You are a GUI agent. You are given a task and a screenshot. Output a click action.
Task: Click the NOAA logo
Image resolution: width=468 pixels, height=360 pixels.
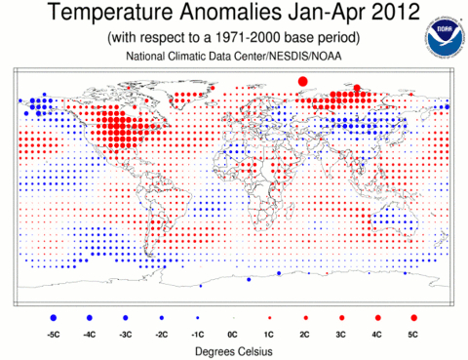pyautogui.click(x=444, y=37)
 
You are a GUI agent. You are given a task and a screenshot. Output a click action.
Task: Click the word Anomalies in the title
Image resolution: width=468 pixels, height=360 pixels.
pyautogui.click(x=230, y=12)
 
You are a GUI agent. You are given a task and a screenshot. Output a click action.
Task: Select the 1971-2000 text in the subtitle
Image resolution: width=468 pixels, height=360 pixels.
pyautogui.click(x=248, y=38)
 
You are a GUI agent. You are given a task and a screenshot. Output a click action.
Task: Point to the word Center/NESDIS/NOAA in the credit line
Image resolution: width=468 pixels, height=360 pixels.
pyautogui.click(x=283, y=56)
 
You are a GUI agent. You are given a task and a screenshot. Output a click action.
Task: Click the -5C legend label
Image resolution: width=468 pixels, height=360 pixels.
pyautogui.click(x=54, y=335)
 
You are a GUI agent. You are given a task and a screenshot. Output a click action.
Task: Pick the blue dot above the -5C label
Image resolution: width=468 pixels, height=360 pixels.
pyautogui.click(x=54, y=318)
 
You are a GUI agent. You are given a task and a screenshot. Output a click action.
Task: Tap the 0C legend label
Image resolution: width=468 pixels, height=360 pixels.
pyautogui.click(x=233, y=335)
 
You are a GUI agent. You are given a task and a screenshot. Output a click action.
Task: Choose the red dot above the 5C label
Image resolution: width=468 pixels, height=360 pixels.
pyautogui.click(x=413, y=318)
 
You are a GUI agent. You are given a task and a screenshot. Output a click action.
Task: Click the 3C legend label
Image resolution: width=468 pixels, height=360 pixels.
pyautogui.click(x=340, y=335)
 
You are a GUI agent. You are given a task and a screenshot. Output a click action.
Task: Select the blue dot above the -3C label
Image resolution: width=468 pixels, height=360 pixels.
pyautogui.click(x=126, y=318)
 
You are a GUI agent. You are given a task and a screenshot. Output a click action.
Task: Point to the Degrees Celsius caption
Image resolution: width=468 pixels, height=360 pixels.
pyautogui.click(x=234, y=351)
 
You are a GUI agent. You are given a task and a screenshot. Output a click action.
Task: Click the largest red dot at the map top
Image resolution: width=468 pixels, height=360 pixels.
pyautogui.click(x=302, y=81)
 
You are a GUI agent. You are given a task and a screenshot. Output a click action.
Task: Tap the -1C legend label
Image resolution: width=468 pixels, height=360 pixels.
pyautogui.click(x=198, y=335)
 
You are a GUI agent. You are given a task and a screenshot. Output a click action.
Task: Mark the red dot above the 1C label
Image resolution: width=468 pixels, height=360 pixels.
pyautogui.click(x=269, y=318)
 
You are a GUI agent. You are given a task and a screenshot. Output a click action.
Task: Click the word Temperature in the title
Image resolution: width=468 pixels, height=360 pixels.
pyautogui.click(x=109, y=13)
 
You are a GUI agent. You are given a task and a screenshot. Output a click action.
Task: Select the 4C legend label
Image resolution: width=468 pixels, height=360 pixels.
pyautogui.click(x=376, y=335)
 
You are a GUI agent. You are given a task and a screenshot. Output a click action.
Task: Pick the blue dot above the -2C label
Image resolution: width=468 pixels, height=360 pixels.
pyautogui.click(x=162, y=318)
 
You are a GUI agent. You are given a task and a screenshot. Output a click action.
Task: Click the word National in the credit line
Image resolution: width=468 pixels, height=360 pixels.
pyautogui.click(x=145, y=56)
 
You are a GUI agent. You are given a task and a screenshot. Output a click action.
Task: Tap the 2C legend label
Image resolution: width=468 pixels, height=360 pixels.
pyautogui.click(x=304, y=335)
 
